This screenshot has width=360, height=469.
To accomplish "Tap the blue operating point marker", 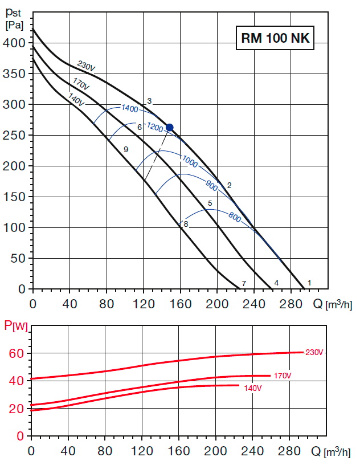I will click(x=169, y=128).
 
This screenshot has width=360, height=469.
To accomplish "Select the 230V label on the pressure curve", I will click(x=86, y=67).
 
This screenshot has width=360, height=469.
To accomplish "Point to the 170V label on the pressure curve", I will click(x=81, y=84).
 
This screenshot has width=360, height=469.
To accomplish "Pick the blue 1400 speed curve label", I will click(x=130, y=108).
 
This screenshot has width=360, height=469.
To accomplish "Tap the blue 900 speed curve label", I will click(x=212, y=184).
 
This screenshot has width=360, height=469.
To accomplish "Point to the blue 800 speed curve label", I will click(x=234, y=217).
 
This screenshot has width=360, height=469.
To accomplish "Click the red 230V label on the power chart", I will click(x=314, y=352).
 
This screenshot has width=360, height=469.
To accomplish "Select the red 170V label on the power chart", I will click(x=282, y=376).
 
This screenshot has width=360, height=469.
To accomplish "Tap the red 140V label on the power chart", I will click(x=252, y=389).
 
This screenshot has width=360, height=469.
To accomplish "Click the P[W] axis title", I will click(x=16, y=327).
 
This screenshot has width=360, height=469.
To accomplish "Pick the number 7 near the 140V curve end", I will click(x=243, y=283).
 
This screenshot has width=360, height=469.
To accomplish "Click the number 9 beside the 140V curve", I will click(x=125, y=149).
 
